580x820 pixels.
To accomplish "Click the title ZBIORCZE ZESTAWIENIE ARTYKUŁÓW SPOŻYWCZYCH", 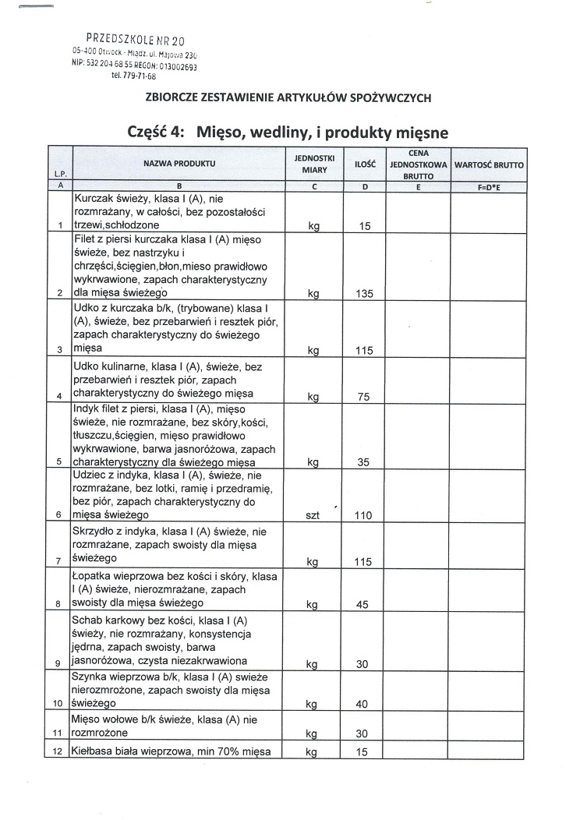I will (288, 97).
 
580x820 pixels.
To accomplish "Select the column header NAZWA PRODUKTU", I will (179, 164).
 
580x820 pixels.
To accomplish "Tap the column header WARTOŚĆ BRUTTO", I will (489, 165).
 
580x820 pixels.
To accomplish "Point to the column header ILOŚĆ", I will (365, 164).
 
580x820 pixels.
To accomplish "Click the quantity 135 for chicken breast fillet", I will (364, 294).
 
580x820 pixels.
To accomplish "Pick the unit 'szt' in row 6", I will (313, 515).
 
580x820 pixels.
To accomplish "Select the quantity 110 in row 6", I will (364, 515).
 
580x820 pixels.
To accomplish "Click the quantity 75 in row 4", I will (364, 397).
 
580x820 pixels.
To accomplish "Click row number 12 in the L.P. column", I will (59, 752).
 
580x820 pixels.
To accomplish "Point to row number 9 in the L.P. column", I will (59, 664).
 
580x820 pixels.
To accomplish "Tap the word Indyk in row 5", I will (87, 408).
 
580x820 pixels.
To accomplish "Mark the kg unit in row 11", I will (313, 734).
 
